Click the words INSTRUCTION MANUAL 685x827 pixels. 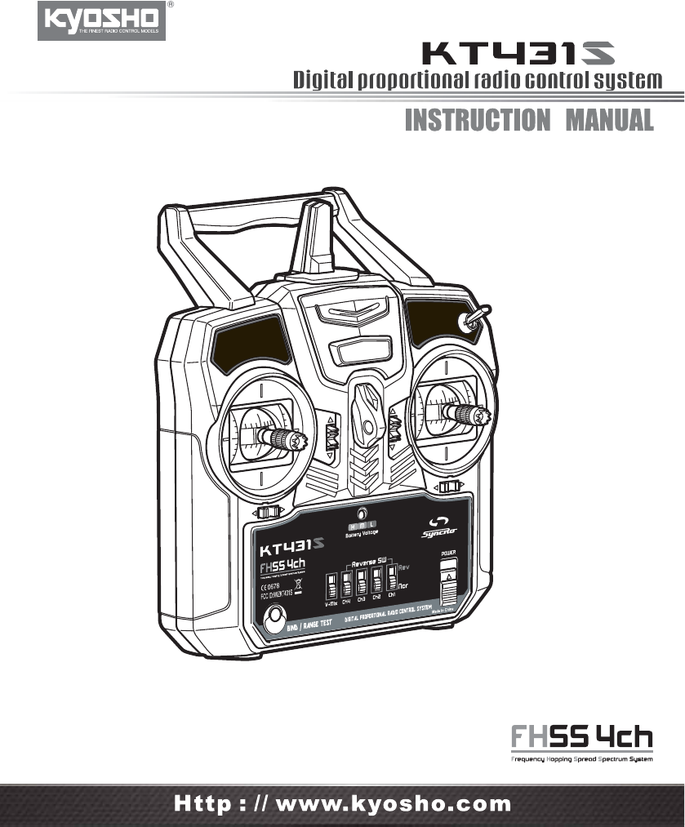pos(529,120)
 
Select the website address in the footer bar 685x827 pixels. pos(343,803)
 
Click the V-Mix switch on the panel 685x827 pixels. pos(331,587)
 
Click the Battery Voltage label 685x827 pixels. pos(359,535)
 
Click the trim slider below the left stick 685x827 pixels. pos(268,512)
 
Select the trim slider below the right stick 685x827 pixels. pos(449,487)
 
